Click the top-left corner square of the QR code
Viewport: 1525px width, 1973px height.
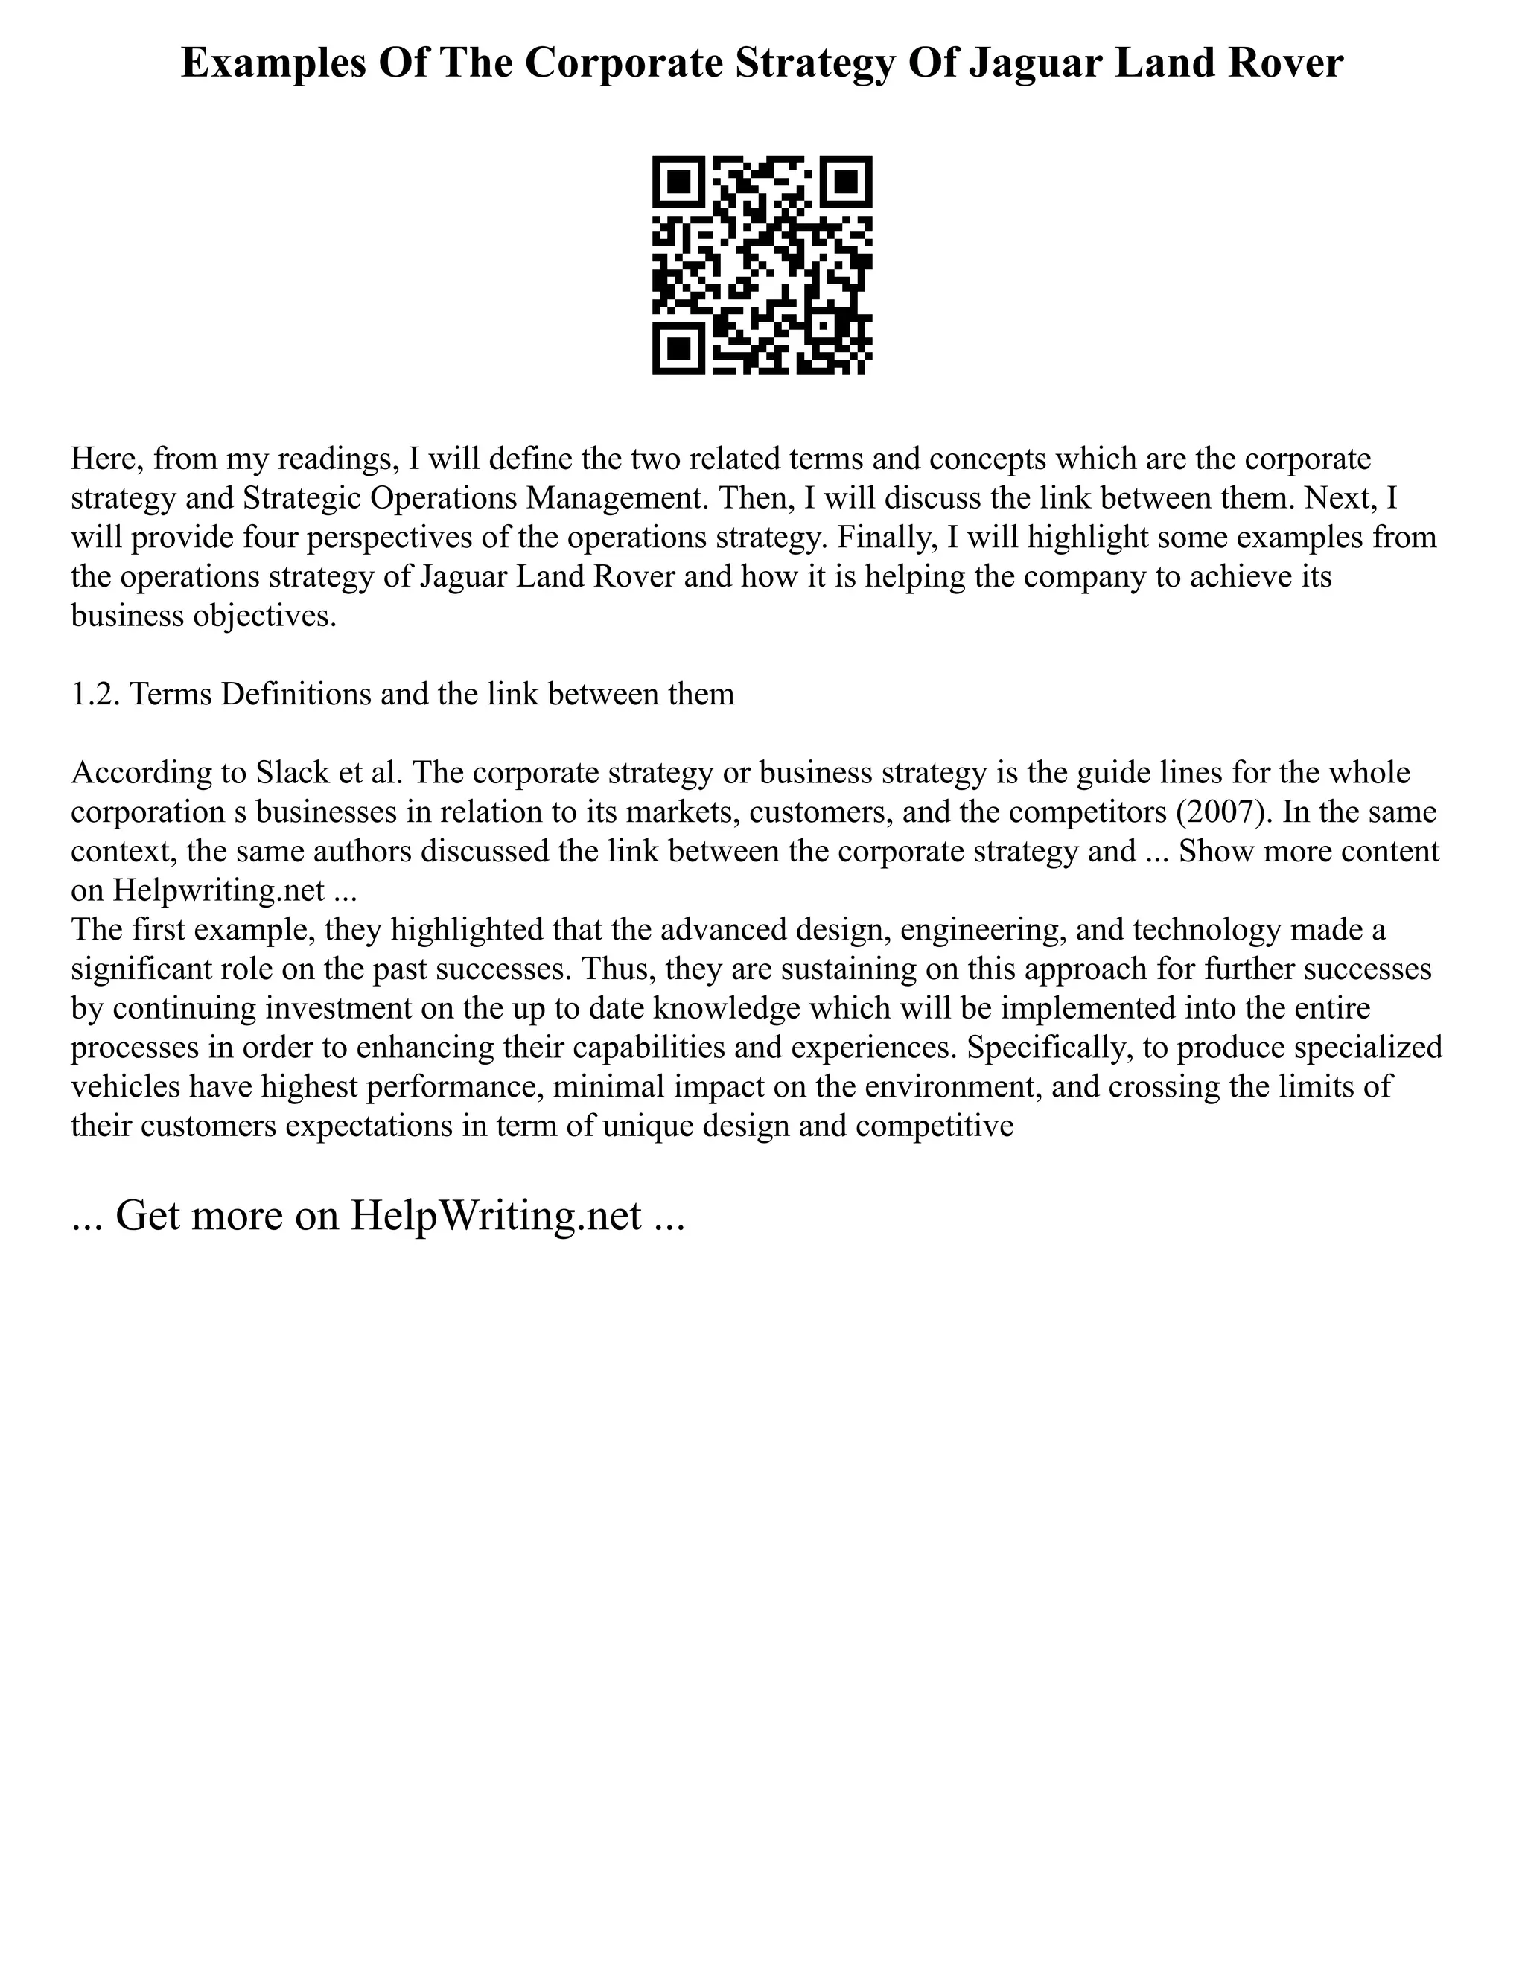[x=678, y=182]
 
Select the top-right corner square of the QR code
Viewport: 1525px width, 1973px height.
[x=847, y=182]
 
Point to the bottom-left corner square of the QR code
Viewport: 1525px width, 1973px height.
[x=678, y=350]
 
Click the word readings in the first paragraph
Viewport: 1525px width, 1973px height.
[x=339, y=460]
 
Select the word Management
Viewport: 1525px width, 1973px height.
[x=614, y=499]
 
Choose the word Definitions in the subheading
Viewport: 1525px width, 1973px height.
[x=296, y=695]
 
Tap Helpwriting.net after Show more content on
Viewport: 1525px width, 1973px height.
[x=217, y=890]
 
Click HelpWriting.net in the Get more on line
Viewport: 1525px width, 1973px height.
[x=496, y=1216]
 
